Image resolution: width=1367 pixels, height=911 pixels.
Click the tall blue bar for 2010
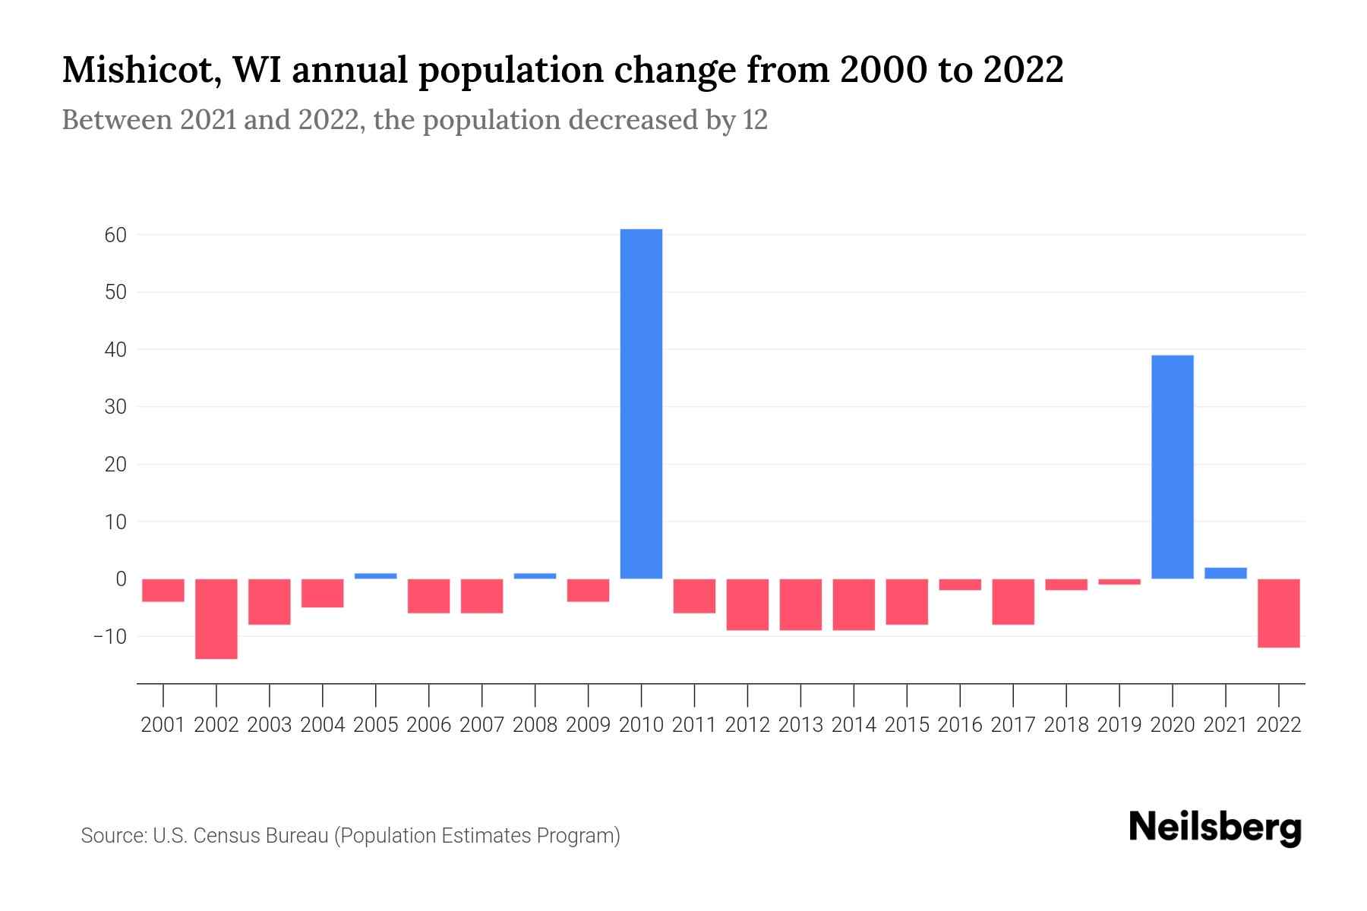(x=641, y=403)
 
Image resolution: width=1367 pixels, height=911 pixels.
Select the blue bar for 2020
(x=1172, y=467)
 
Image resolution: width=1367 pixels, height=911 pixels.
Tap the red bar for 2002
(x=216, y=619)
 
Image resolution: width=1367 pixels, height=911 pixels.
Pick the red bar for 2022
(x=1278, y=613)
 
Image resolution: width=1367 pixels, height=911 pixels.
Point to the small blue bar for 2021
(x=1225, y=573)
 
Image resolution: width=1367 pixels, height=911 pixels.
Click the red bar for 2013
(x=800, y=604)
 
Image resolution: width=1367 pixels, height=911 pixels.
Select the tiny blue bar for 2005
(x=376, y=575)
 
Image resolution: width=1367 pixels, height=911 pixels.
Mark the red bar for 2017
(x=1013, y=601)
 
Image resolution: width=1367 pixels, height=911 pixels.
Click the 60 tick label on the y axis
(x=115, y=235)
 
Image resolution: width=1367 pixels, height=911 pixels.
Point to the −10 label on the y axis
(x=109, y=636)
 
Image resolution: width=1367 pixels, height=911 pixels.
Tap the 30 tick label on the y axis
(x=115, y=407)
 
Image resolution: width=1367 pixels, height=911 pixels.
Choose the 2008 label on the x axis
(x=535, y=725)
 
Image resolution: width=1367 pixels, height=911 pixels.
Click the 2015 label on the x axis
(x=907, y=725)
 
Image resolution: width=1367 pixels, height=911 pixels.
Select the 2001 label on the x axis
(x=163, y=725)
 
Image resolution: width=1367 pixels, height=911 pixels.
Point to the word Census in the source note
(x=224, y=836)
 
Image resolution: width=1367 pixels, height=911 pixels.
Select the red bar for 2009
(x=588, y=590)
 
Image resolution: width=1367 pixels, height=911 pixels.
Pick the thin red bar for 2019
(x=1119, y=582)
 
